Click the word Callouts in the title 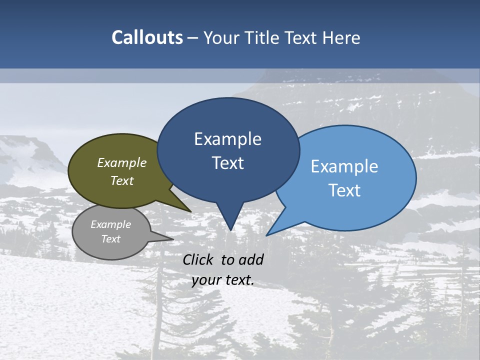pos(147,37)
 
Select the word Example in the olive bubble pos(122,163)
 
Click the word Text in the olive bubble pos(122,180)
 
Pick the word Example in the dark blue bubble pos(227,139)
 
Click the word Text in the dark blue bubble pos(227,162)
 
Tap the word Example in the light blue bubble pos(344,166)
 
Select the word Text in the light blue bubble pos(344,190)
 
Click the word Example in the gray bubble pos(111,224)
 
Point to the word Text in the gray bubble pos(111,239)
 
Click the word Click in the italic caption pos(198,259)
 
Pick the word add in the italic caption pos(250,259)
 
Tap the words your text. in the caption pos(223,280)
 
